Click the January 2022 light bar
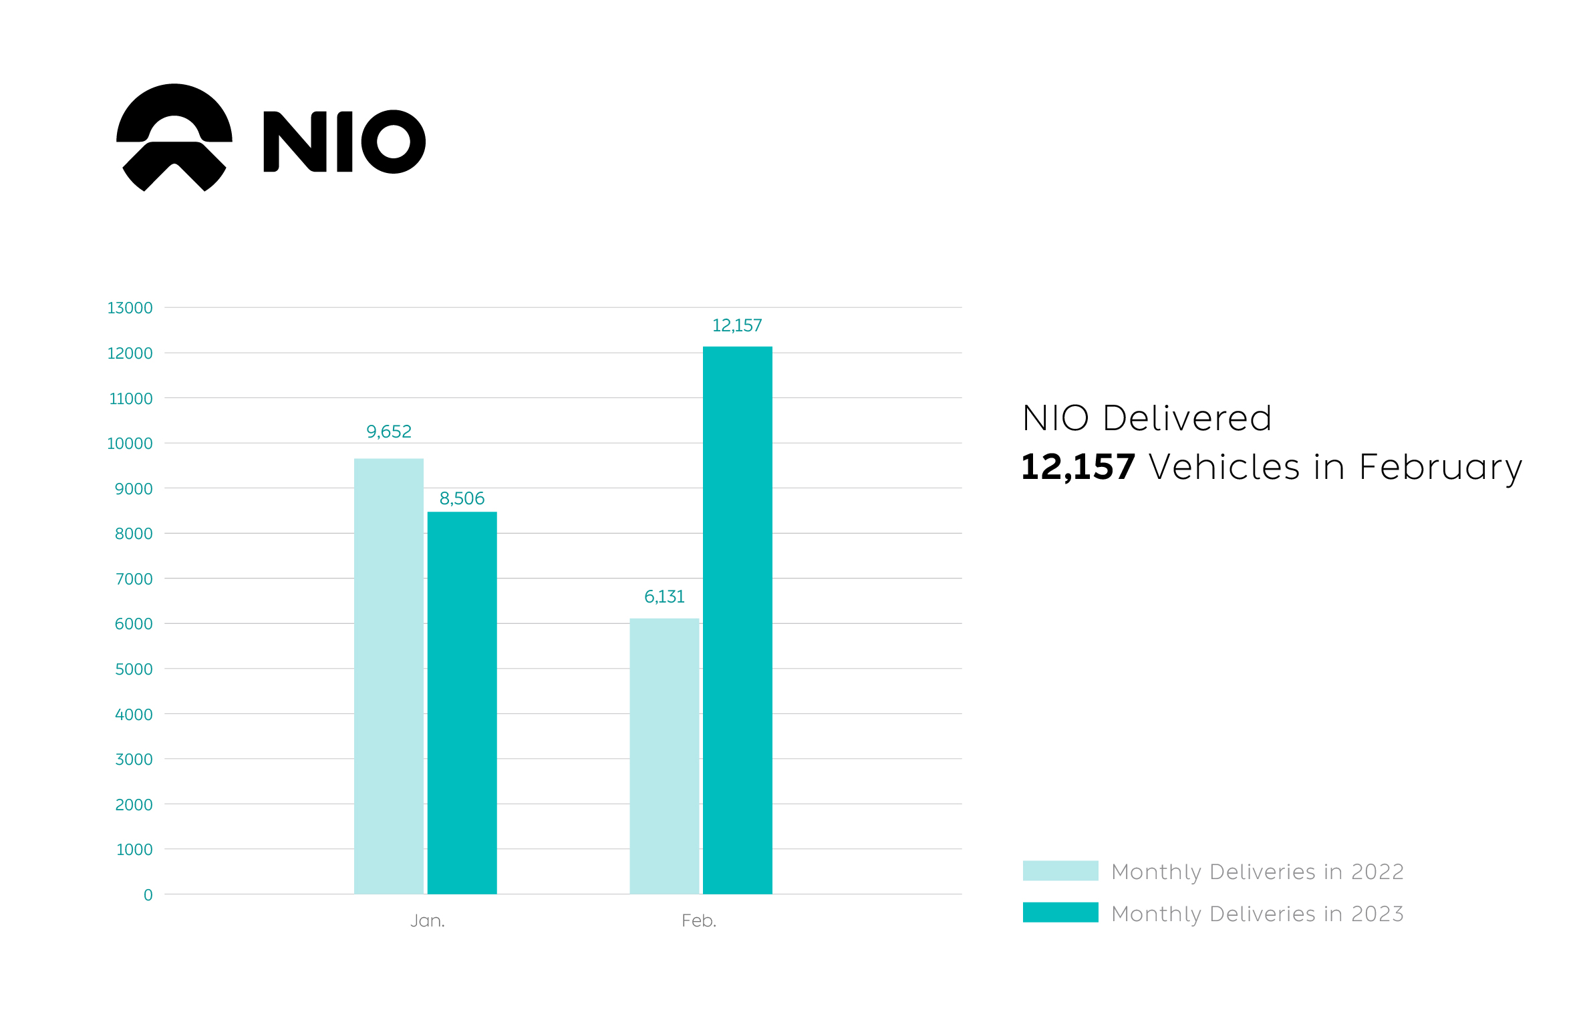[388, 675]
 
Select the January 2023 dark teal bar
[462, 702]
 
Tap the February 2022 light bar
[664, 755]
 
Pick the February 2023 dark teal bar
[737, 620]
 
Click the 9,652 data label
[388, 432]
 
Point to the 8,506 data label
[462, 498]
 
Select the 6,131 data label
[664, 596]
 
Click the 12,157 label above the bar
[737, 325]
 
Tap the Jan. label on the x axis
[428, 920]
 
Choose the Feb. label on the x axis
[699, 920]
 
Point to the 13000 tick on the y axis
[130, 308]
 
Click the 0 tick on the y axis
[148, 895]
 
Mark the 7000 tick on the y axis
[134, 579]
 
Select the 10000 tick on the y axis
[130, 444]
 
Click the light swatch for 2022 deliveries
[1060, 870]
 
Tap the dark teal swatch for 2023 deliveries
[1060, 912]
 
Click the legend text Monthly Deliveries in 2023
[1257, 914]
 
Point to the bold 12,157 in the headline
[1078, 466]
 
